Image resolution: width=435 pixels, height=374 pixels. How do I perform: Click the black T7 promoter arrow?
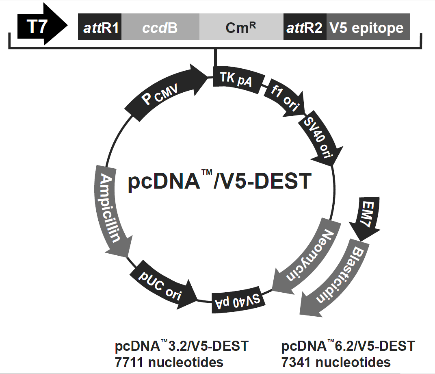tap(41, 27)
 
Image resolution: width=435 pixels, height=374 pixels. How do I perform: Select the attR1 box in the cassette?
tap(100, 28)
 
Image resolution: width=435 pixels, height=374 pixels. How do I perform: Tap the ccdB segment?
tap(160, 28)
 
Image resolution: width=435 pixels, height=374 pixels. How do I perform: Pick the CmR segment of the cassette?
tap(241, 28)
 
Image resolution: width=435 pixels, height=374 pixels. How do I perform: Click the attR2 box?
tap(305, 28)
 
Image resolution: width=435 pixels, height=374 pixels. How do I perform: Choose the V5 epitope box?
tap(367, 28)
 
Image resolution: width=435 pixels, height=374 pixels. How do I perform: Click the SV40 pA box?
tap(238, 301)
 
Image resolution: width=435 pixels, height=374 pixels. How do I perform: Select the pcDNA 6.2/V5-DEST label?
tap(348, 346)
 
